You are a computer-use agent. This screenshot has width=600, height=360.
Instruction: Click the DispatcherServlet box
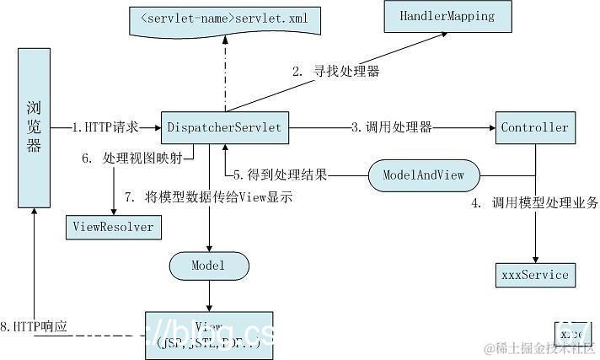[225, 128]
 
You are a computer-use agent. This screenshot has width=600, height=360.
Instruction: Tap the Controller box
[534, 128]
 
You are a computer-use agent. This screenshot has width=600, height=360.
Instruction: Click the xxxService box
[534, 275]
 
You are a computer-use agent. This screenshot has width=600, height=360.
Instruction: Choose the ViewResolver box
[112, 227]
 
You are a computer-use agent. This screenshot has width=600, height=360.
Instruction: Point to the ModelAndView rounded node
[424, 175]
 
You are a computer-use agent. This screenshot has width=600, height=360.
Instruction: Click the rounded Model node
[209, 266]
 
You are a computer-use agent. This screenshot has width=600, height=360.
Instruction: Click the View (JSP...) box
[209, 334]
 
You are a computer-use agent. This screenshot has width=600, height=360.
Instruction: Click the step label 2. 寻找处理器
[335, 72]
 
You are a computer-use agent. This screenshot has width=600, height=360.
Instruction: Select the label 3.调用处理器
[392, 128]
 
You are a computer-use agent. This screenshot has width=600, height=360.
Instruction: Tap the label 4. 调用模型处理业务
[535, 202]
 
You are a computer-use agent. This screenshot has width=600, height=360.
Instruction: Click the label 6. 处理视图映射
[142, 159]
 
